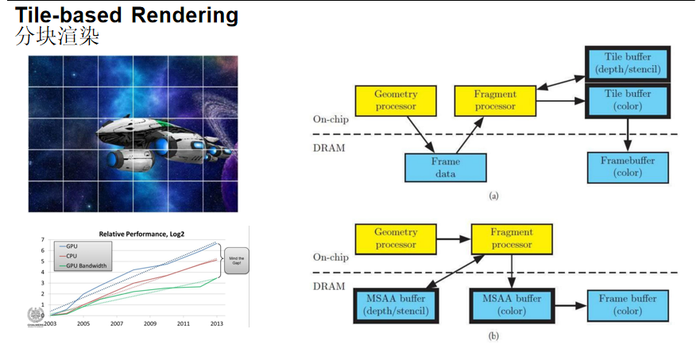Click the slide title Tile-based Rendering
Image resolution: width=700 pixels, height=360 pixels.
127,14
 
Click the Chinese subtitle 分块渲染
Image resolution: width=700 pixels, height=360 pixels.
57,37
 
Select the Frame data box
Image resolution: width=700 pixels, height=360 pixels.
445,168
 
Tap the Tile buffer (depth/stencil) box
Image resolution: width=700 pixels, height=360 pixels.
628,64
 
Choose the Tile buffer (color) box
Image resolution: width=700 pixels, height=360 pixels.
628,99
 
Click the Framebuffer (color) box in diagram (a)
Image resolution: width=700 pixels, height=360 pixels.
628,166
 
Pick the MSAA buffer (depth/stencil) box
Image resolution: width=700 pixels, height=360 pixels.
395,304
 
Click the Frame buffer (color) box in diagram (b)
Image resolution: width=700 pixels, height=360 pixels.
627,304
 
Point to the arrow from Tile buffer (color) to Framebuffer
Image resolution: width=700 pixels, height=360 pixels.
628,133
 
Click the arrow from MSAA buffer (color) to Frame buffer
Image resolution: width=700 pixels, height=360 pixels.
570,304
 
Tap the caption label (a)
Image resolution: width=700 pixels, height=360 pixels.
493,195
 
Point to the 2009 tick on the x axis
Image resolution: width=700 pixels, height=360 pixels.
150,323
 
